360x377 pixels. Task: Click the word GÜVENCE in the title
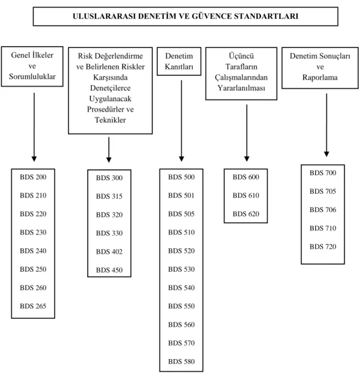point(212,16)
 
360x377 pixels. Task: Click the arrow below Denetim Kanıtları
point(181,121)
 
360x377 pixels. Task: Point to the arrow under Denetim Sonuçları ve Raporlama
point(327,125)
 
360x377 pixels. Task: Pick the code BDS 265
point(33,306)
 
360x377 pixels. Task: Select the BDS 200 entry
point(33,177)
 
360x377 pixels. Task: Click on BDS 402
point(109,252)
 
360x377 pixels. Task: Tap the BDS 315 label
point(109,196)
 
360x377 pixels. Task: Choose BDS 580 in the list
point(181,361)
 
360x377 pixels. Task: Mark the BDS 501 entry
point(181,196)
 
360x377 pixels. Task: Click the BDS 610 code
point(246,196)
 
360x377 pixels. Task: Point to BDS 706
point(323,209)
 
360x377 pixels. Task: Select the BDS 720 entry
point(323,247)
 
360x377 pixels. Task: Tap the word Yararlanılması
point(241,88)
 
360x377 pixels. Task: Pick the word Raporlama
point(320,77)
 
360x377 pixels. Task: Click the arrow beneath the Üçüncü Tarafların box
point(246,133)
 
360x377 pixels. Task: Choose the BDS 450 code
point(109,270)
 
